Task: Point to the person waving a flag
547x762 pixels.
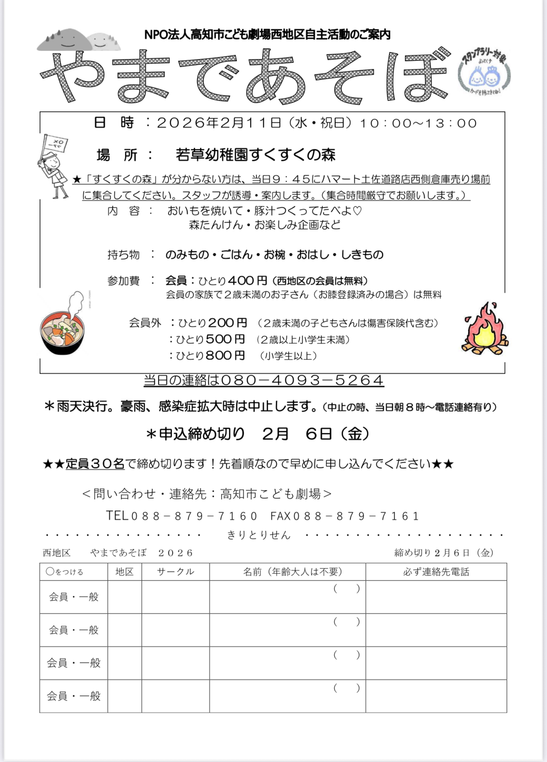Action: (x=54, y=166)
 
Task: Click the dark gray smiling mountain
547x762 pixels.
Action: (x=64, y=40)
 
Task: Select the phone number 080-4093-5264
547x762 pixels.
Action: (x=302, y=380)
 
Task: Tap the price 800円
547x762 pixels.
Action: (x=225, y=355)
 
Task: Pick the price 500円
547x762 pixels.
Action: (x=225, y=339)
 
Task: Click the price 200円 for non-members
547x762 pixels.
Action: (x=228, y=323)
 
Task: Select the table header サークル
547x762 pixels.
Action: (x=176, y=572)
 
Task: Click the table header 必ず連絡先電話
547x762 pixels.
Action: (x=436, y=572)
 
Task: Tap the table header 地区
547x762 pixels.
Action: (x=124, y=572)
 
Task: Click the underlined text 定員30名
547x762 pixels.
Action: (x=95, y=464)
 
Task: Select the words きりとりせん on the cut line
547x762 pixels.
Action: (x=259, y=535)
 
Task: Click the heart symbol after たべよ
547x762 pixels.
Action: (x=357, y=211)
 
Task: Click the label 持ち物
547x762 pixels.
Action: (x=123, y=255)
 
